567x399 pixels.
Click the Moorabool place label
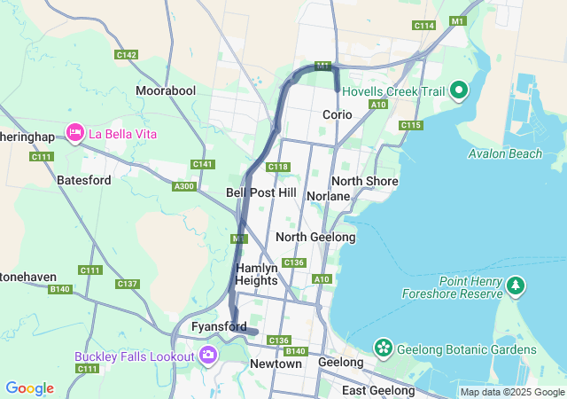pos(166,90)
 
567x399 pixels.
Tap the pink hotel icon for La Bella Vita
pos(74,134)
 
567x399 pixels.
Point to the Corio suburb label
pos(338,114)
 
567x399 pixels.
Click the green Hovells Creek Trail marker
pos(459,90)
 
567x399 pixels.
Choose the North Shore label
pos(364,181)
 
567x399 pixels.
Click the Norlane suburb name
pos(330,195)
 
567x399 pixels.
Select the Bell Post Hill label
pos(261,192)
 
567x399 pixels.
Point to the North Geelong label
pos(315,237)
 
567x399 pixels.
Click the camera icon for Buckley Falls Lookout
pos(208,356)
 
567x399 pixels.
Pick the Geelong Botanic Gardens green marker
pos(384,348)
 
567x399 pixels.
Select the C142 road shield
pos(127,55)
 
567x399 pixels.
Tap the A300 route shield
pos(184,186)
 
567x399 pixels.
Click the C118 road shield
pos(278,167)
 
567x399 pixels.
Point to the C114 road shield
pos(424,26)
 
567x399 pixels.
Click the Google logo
pos(29,388)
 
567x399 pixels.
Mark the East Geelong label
pos(378,391)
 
